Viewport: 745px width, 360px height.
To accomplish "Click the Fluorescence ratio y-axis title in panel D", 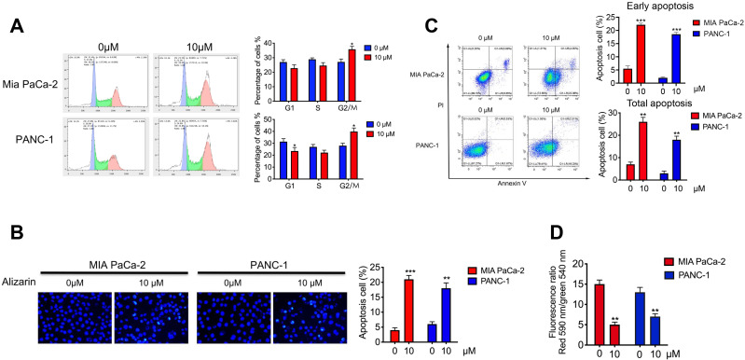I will pos(570,298).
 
